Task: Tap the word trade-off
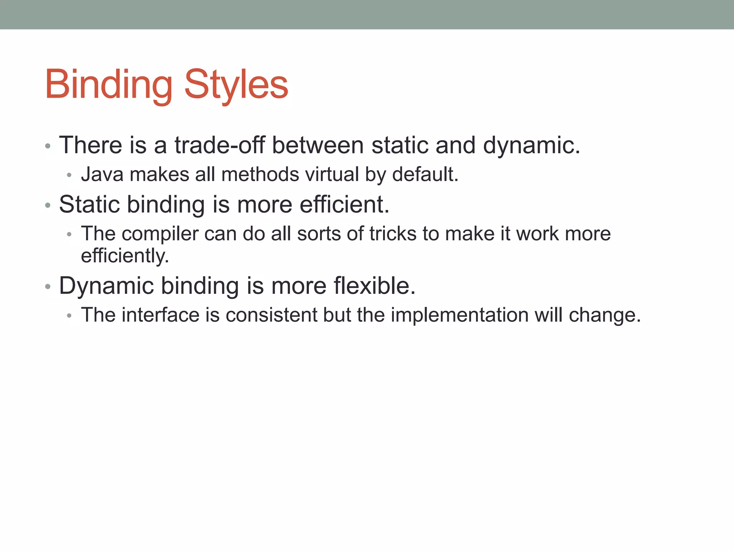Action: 219,145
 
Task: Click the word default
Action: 425,175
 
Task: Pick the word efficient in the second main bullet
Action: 344,204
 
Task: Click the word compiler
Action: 160,234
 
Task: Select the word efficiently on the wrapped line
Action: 125,256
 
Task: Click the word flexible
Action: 375,286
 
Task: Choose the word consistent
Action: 271,315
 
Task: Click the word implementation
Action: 459,315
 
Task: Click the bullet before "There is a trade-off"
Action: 48,146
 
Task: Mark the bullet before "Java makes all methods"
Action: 70,176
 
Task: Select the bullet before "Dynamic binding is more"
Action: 48,287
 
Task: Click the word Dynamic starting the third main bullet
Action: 106,286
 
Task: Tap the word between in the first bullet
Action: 318,145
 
